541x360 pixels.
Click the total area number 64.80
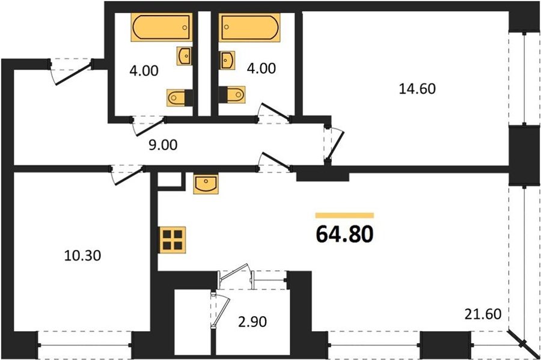click(x=344, y=234)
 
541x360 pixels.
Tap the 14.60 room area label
click(x=417, y=89)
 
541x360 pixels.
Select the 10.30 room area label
click(x=83, y=255)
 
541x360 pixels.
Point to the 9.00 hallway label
click(x=163, y=145)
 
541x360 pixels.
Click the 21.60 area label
click(x=483, y=314)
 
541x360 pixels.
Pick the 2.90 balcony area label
click(x=252, y=322)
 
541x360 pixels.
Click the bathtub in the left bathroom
click(x=162, y=27)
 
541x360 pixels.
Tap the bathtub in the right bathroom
click(x=249, y=27)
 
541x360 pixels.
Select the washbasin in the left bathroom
click(x=185, y=55)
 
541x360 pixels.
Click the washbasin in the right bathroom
click(x=227, y=61)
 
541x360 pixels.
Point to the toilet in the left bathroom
click(x=179, y=97)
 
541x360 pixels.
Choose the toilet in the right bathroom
click(x=232, y=94)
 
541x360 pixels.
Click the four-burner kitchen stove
click(x=172, y=240)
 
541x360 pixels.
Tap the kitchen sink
click(x=206, y=184)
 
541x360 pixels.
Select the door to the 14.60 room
click(x=334, y=144)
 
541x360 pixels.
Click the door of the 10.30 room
click(x=127, y=175)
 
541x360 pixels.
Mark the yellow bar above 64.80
click(x=344, y=216)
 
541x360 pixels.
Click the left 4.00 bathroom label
click(x=144, y=71)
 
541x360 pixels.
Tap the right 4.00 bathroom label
click(x=261, y=69)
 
